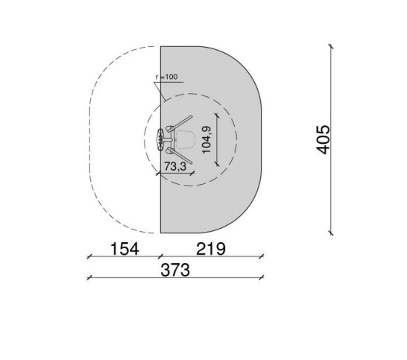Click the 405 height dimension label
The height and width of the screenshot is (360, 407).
click(323, 139)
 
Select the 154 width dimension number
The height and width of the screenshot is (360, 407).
click(124, 249)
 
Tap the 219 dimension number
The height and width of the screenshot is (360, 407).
click(211, 249)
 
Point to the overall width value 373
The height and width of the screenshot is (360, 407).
click(175, 270)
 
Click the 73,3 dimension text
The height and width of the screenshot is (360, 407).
click(175, 166)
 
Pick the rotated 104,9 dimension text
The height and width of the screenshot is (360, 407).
click(206, 139)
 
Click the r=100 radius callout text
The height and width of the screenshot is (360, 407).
click(167, 77)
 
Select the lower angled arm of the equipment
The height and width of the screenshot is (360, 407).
click(181, 155)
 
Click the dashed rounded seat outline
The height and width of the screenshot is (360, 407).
click(186, 139)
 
